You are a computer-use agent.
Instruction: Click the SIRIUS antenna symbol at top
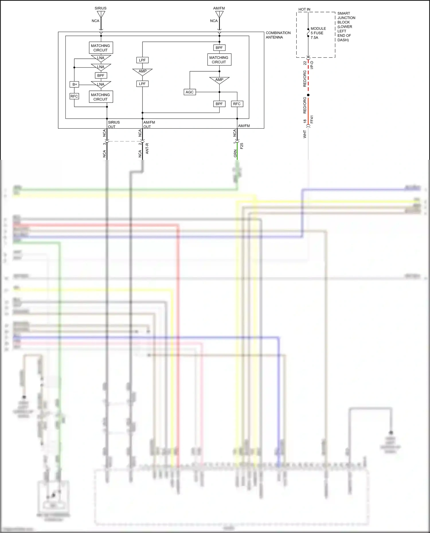pos(101,14)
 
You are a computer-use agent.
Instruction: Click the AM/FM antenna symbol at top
pos(219,14)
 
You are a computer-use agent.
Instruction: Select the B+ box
pos(75,84)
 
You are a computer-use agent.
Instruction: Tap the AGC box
pos(189,92)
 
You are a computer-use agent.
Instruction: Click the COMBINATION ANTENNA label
pos(278,35)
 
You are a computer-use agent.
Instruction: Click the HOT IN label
pos(304,9)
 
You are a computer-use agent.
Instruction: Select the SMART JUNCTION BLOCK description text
pos(346,27)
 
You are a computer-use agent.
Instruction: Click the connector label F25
pos(242,146)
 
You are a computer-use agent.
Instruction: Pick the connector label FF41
pos(312,119)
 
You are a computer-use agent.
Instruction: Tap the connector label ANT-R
pos(147,148)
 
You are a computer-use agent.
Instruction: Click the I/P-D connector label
pos(312,65)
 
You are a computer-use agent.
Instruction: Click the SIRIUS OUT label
pos(114,124)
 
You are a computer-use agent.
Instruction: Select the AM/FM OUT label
pos(149,124)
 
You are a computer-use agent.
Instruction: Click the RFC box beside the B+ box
pos(74,96)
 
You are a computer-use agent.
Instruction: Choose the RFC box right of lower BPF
pos(237,104)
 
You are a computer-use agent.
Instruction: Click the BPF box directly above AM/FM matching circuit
pos(219,48)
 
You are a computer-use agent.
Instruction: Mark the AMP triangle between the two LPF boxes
pos(142,72)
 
